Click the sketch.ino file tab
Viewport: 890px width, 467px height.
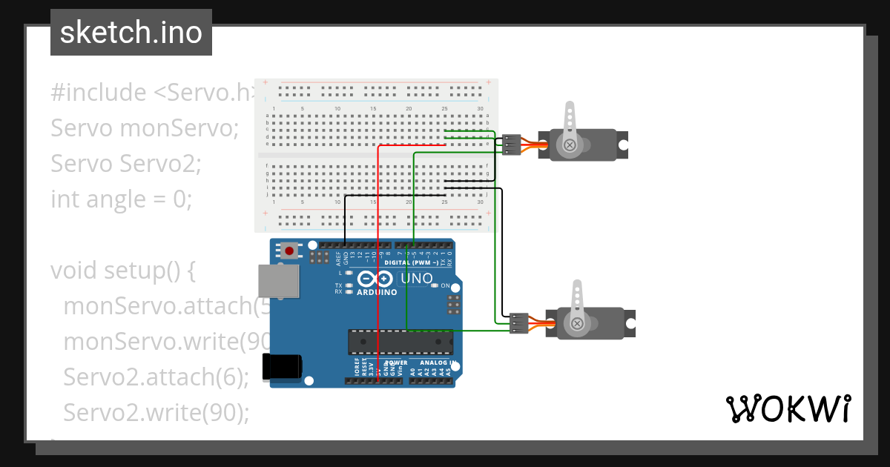pyautogui.click(x=131, y=33)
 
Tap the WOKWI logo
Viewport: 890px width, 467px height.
pyautogui.click(x=788, y=408)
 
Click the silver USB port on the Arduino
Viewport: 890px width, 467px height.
pyautogui.click(x=279, y=281)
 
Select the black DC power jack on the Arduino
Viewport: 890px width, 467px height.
pyautogui.click(x=282, y=366)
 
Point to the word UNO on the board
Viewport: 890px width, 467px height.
pyautogui.click(x=416, y=278)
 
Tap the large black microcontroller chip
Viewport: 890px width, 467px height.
pyautogui.click(x=400, y=341)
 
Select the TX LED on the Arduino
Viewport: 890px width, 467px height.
pyautogui.click(x=348, y=285)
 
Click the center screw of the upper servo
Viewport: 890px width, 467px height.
pyautogui.click(x=570, y=145)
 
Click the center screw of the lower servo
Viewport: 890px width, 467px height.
pyautogui.click(x=576, y=323)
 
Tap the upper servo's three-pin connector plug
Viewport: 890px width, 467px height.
pyautogui.click(x=512, y=145)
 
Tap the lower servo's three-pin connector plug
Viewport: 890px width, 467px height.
pyautogui.click(x=519, y=323)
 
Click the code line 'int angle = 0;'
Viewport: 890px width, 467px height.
pyautogui.click(x=121, y=199)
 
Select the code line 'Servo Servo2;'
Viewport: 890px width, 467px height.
pyautogui.click(x=125, y=164)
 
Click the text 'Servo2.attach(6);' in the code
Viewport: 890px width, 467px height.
pyautogui.click(x=156, y=377)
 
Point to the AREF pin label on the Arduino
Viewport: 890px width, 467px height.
pyautogui.click(x=338, y=258)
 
